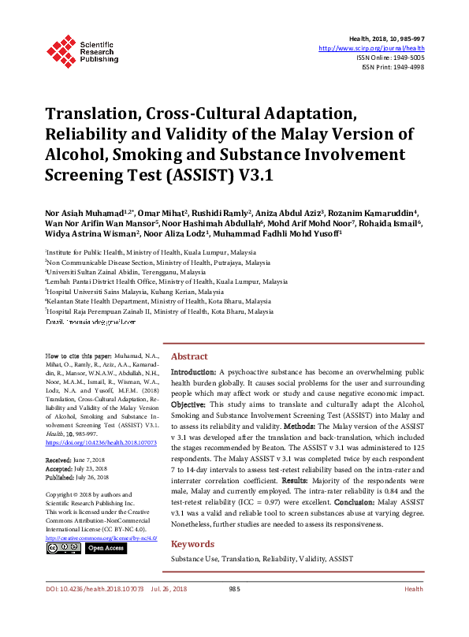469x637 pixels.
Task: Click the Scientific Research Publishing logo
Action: point(82,50)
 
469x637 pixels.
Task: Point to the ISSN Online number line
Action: point(390,58)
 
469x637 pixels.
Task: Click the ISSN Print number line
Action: point(393,67)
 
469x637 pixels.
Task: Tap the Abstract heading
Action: point(189,356)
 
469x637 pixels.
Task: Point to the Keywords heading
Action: point(193,522)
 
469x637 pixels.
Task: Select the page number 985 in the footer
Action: point(234,611)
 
